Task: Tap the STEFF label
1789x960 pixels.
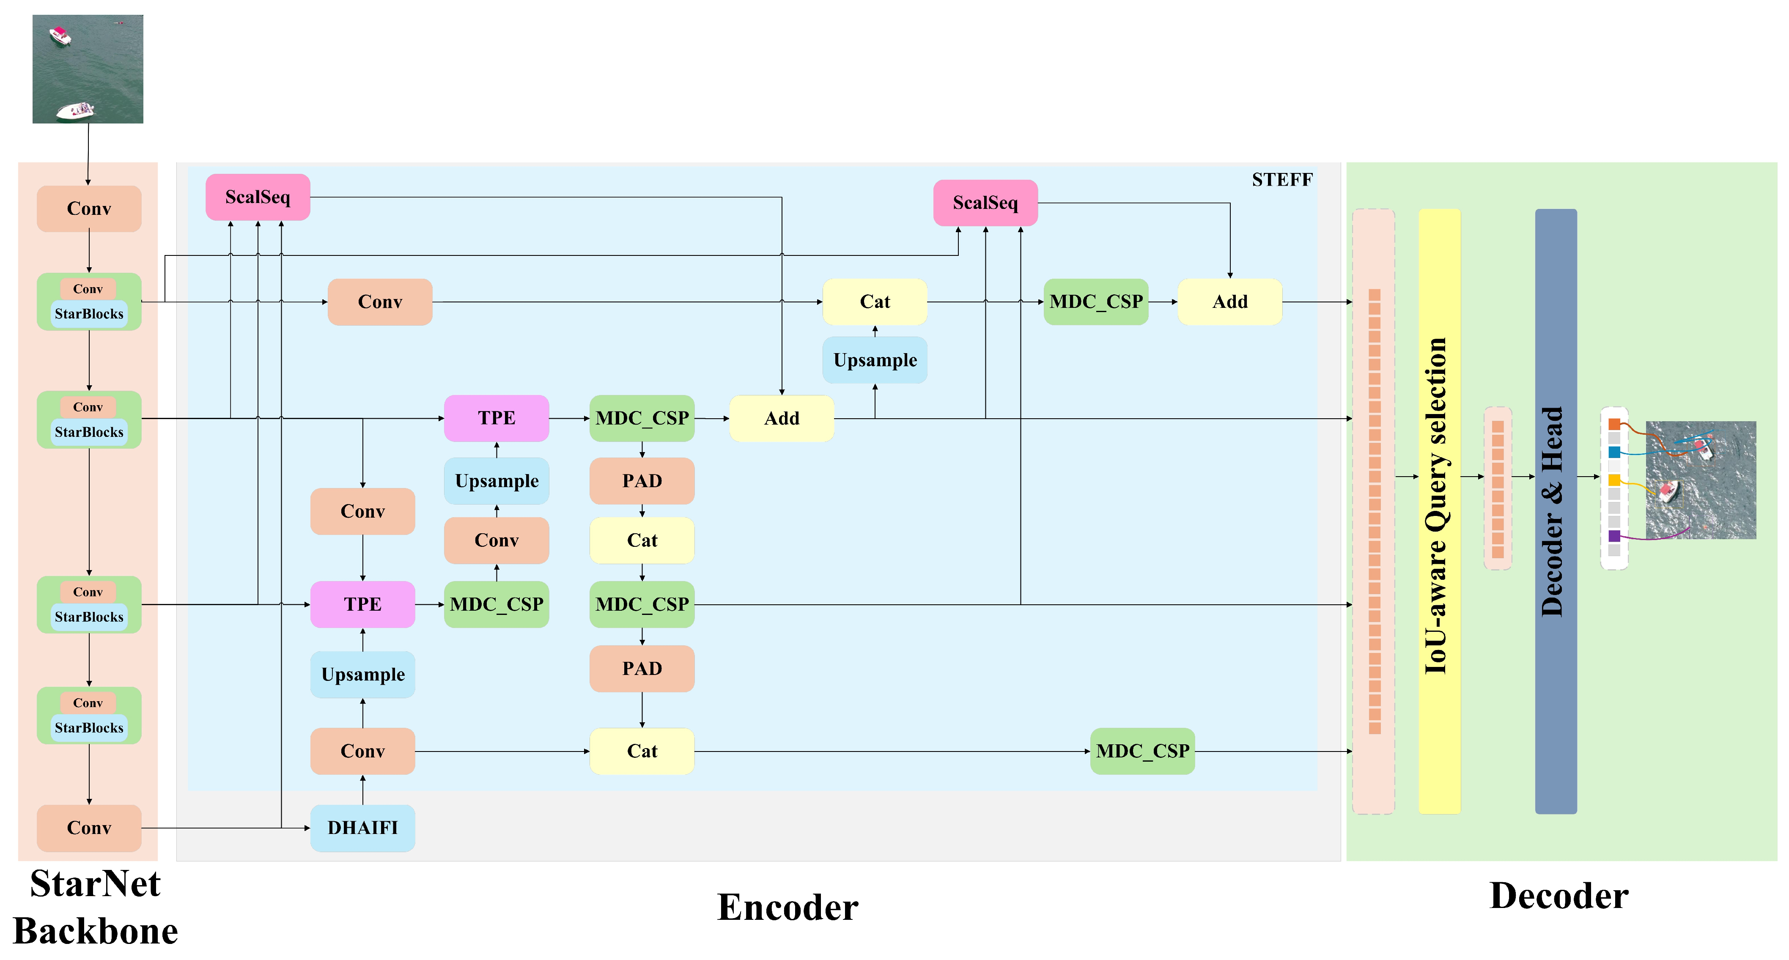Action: [1282, 180]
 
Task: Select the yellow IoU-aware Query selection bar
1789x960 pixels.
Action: [1439, 511]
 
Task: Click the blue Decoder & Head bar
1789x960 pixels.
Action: [1556, 511]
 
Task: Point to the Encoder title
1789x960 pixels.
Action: [787, 907]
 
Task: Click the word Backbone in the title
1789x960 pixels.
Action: [96, 931]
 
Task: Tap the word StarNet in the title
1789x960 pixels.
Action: [96, 883]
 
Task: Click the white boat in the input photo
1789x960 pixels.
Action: [75, 110]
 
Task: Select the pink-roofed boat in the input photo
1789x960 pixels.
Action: [60, 35]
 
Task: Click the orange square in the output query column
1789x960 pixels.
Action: [1614, 424]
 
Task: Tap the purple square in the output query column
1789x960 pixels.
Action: [1614, 535]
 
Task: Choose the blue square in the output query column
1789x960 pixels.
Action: [1614, 452]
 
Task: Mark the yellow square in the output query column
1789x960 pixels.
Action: [1614, 480]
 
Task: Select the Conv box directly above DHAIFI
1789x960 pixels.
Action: [362, 751]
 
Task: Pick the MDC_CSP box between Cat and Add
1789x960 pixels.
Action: [1096, 302]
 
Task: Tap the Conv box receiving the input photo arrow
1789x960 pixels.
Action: [89, 208]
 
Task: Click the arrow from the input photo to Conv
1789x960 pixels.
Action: [88, 154]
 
